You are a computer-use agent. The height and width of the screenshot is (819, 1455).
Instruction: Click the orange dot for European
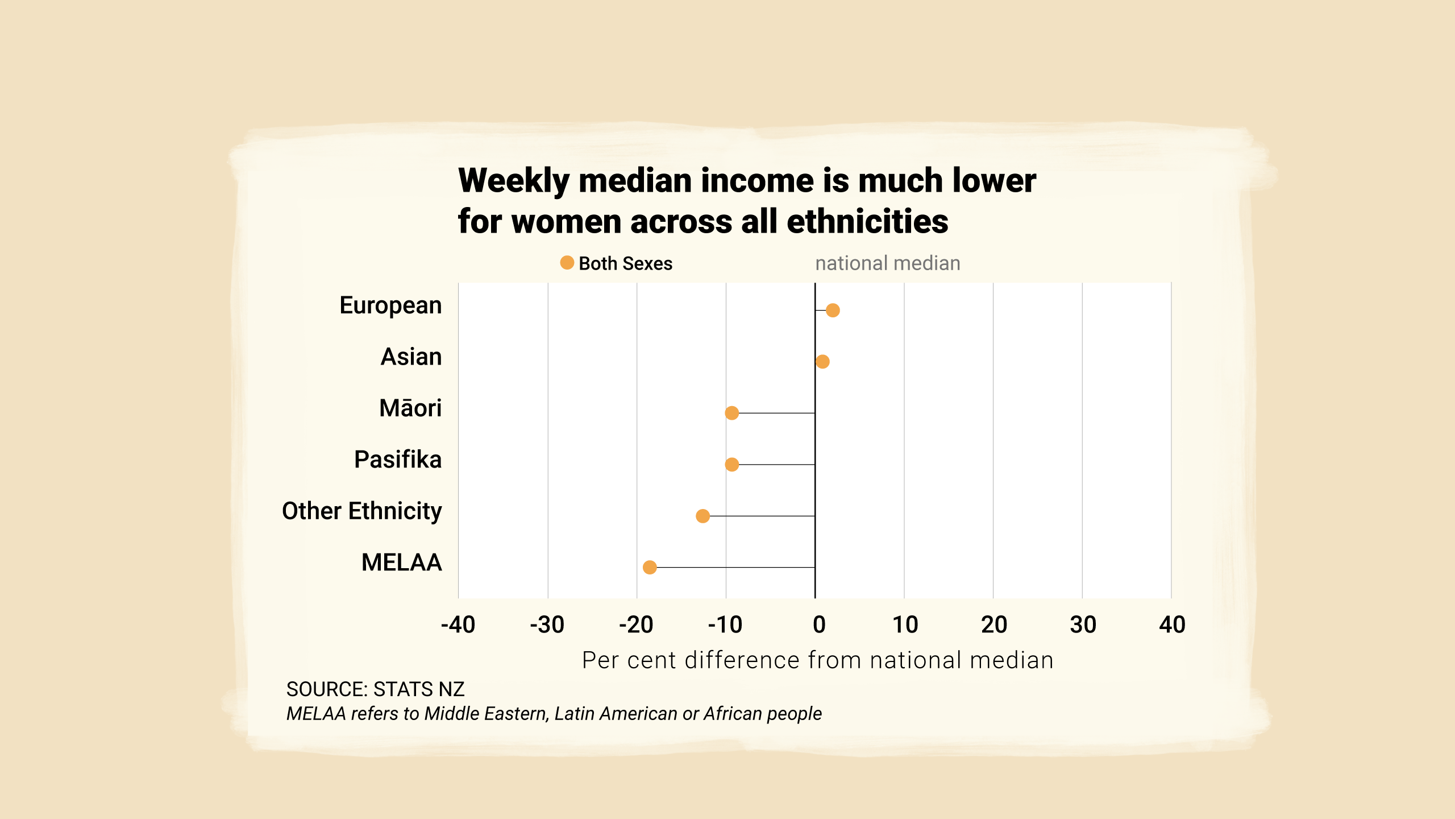coord(833,310)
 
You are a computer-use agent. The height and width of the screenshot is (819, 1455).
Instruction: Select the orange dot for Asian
coord(822,362)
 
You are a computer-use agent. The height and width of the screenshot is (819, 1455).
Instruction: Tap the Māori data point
coord(732,413)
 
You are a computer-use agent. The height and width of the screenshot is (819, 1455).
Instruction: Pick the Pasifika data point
coord(732,465)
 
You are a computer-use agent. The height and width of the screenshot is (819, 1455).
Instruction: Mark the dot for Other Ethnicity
coord(703,516)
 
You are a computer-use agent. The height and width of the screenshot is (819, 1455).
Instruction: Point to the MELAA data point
coord(650,567)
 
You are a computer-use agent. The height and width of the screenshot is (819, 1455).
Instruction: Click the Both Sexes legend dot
coord(567,263)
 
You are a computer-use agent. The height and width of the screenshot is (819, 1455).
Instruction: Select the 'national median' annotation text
coord(887,263)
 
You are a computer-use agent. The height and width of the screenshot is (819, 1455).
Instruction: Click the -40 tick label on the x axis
coord(458,624)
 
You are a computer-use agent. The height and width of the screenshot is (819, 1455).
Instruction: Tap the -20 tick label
coord(636,624)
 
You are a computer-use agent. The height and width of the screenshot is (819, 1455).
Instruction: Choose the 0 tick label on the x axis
coord(819,624)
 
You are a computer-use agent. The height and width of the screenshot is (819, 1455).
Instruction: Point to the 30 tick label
coord(1083,624)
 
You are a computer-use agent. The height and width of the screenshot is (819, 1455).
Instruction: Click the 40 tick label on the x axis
coord(1172,624)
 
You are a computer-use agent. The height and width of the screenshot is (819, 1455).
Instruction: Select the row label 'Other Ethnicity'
coord(362,511)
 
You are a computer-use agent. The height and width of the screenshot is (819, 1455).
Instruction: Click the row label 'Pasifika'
coord(398,460)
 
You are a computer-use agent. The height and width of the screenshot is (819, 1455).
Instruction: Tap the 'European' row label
coord(390,305)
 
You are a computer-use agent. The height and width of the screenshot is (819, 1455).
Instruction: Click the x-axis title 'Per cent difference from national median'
coord(818,660)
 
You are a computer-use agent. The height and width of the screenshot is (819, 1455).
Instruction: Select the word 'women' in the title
coord(567,221)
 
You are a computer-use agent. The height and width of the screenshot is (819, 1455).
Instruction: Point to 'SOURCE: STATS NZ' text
coord(375,689)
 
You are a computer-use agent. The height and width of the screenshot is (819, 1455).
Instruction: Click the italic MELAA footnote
coord(554,714)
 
